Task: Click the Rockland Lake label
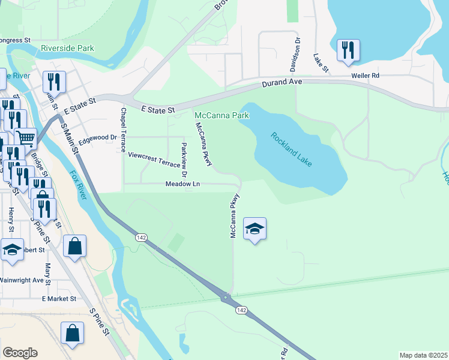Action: click(291, 150)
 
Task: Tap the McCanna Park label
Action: click(221, 114)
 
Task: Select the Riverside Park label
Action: click(67, 48)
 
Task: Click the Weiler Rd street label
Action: click(366, 76)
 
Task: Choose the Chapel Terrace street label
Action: click(123, 129)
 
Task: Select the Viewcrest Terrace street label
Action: click(154, 160)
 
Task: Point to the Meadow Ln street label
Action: click(182, 184)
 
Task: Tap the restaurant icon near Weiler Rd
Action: click(348, 51)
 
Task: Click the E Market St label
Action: click(59, 298)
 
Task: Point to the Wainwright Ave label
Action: click(22, 280)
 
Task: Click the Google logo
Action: click(20, 353)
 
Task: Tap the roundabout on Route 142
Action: click(226, 296)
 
